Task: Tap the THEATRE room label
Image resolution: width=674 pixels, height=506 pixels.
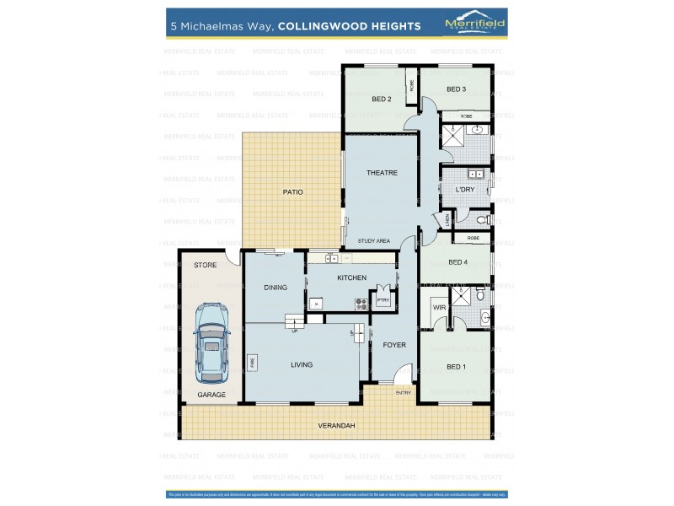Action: [382, 172]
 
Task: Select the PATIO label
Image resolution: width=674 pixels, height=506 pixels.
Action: [292, 192]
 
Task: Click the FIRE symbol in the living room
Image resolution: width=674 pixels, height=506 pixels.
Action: [252, 362]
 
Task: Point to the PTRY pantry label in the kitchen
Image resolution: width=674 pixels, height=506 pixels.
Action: [383, 299]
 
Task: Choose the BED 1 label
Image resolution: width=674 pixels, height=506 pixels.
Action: [455, 366]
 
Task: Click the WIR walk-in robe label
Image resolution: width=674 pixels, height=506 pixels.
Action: [439, 308]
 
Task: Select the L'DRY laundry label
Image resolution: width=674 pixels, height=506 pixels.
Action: [465, 190]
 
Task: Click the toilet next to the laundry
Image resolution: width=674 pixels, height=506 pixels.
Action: [481, 219]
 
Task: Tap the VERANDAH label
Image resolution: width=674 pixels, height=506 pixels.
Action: [337, 426]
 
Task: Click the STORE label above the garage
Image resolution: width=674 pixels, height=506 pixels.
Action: [206, 265]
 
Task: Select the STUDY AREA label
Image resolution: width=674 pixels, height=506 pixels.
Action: [374, 241]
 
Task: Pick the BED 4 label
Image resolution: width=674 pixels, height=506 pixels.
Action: [457, 262]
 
